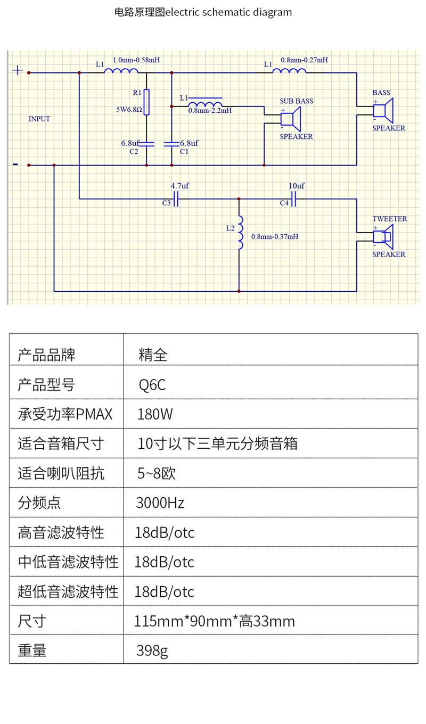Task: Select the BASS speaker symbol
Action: click(x=383, y=110)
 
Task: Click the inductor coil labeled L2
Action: click(x=240, y=233)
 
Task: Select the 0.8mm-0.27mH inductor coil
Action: click(x=289, y=72)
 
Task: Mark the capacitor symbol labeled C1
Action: click(x=171, y=144)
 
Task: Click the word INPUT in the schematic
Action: click(x=39, y=119)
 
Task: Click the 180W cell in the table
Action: click(x=155, y=414)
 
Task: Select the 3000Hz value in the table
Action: click(x=160, y=503)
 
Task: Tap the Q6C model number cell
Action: click(x=152, y=384)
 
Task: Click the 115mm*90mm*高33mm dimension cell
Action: click(x=215, y=621)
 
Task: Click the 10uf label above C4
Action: click(x=297, y=186)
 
